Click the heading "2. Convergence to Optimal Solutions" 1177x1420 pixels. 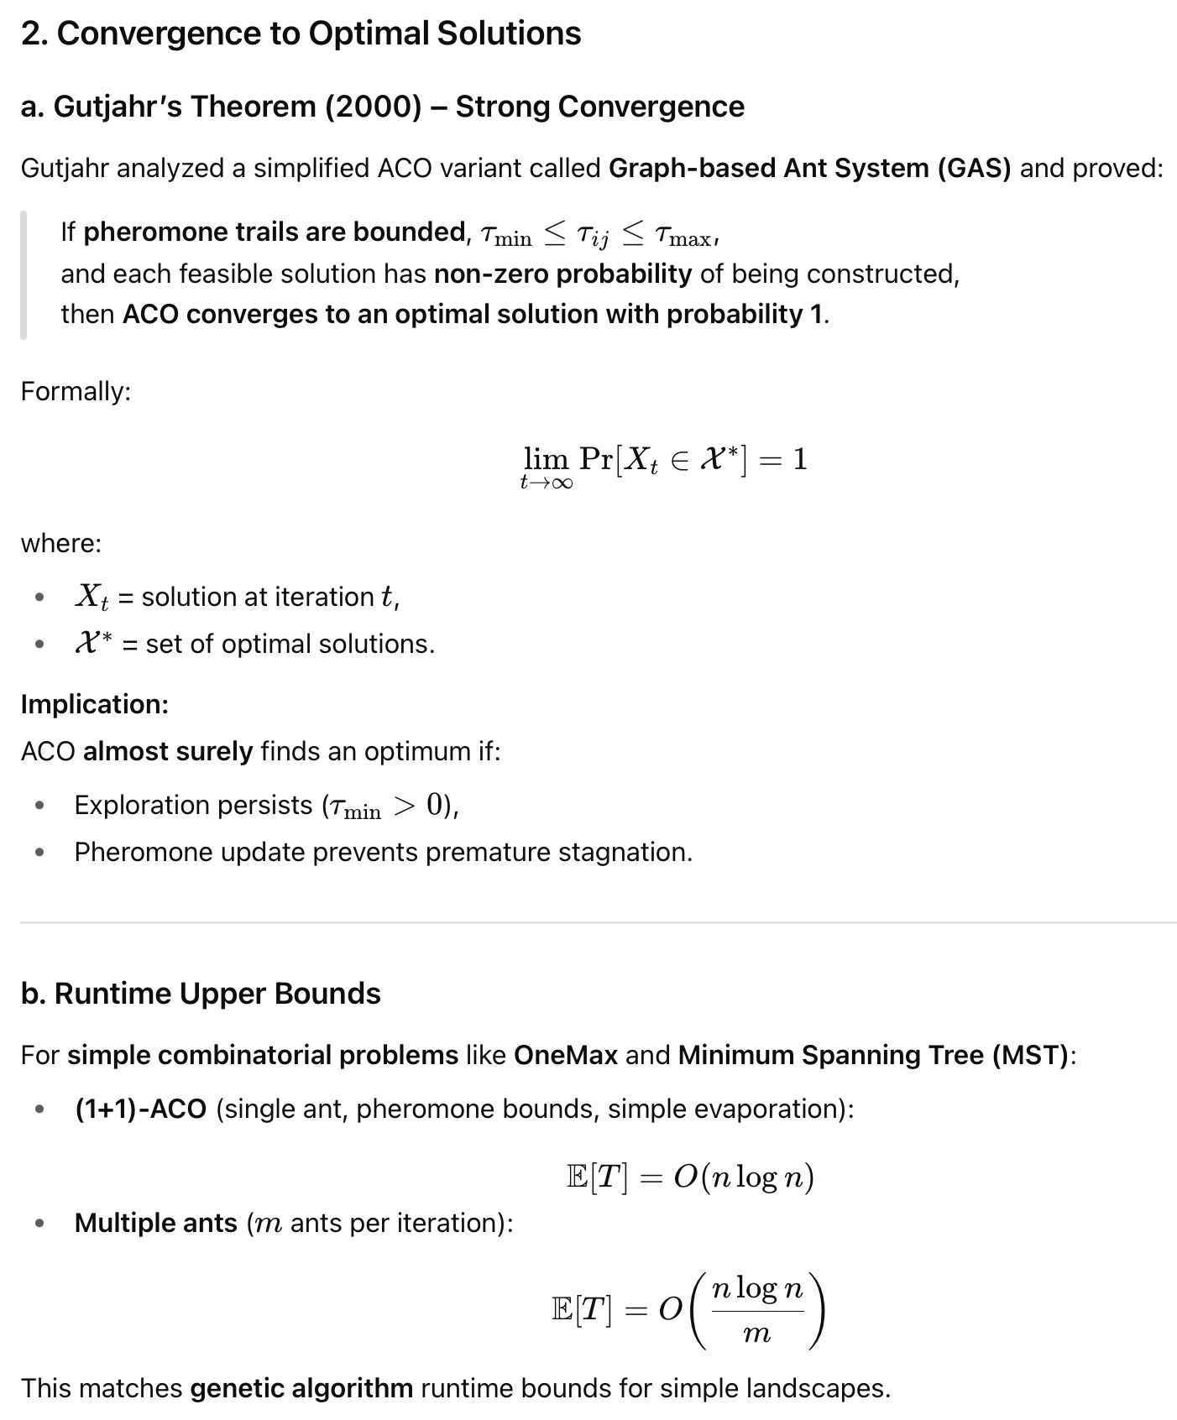point(301,34)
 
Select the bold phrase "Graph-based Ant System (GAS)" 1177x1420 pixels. point(809,169)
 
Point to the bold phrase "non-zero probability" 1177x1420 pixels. point(562,274)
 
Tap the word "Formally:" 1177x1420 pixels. point(76,391)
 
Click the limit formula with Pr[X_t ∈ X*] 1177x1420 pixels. point(664,462)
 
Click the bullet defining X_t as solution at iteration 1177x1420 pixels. point(237,597)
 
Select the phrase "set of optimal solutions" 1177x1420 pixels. point(289,644)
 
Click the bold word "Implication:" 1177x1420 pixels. point(94,704)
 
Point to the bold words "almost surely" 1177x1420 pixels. point(167,751)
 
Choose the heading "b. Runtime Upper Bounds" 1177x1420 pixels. point(201,994)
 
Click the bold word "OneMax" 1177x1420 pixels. point(565,1055)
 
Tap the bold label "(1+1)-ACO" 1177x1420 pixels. point(140,1109)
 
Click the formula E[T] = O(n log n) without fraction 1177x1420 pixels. point(690,1177)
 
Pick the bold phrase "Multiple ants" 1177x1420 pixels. point(155,1223)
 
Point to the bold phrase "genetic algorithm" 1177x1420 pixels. point(301,1388)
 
